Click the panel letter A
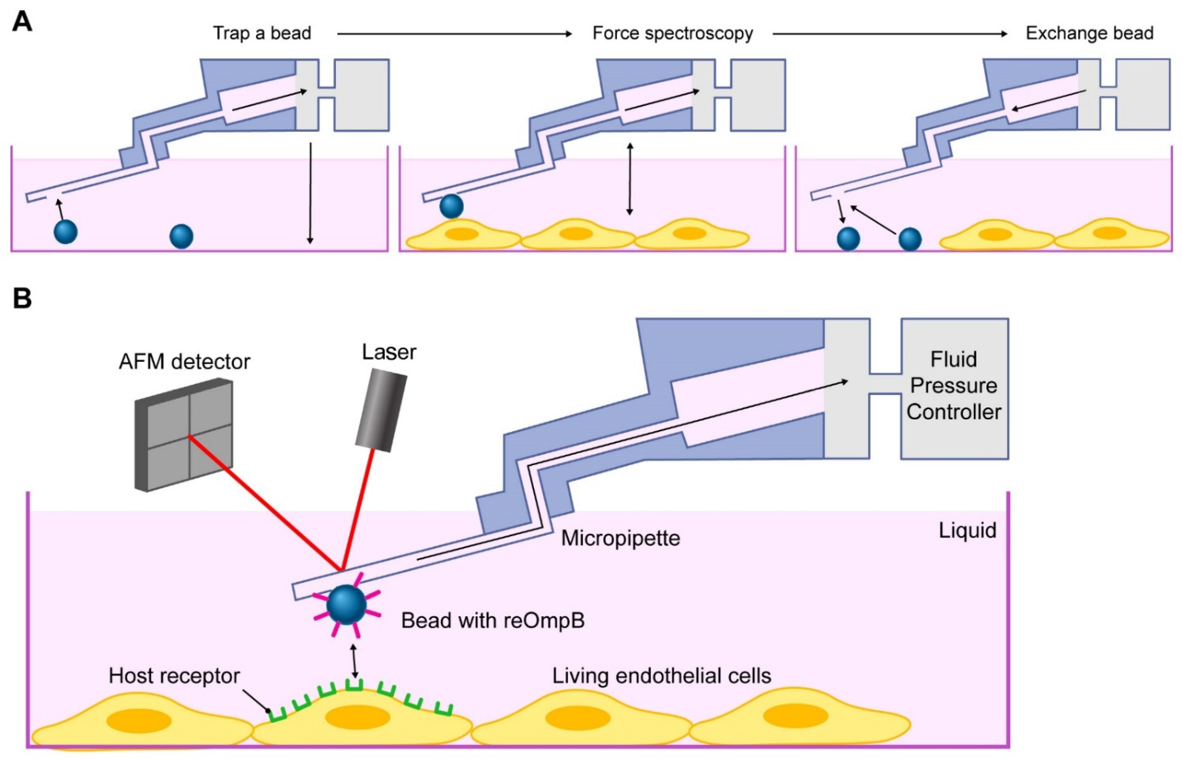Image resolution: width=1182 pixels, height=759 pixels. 22,22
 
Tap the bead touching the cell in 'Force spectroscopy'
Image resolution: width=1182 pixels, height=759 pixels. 451,206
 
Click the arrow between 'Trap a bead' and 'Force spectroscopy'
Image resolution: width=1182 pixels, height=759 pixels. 453,34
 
